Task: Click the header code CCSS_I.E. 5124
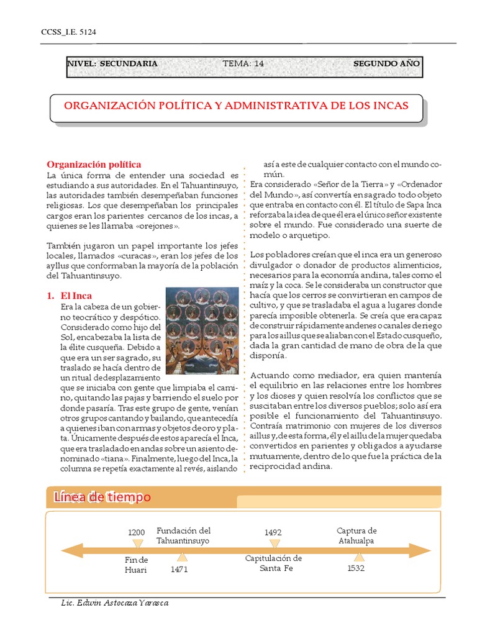coord(60,32)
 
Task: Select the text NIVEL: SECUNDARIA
coord(112,63)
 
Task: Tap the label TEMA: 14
coord(243,63)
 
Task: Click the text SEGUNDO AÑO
coord(386,63)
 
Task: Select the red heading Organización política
coord(94,165)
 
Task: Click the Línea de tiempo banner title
coord(102,497)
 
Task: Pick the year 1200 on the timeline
coord(136,532)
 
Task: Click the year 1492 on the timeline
coord(273,532)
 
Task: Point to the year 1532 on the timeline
coord(356,568)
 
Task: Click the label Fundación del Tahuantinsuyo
coord(183,535)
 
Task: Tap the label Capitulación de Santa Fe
coord(273,563)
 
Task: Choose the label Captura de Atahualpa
coord(357,535)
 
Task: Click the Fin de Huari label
coord(136,565)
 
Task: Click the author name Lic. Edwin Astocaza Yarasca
coord(115,603)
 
